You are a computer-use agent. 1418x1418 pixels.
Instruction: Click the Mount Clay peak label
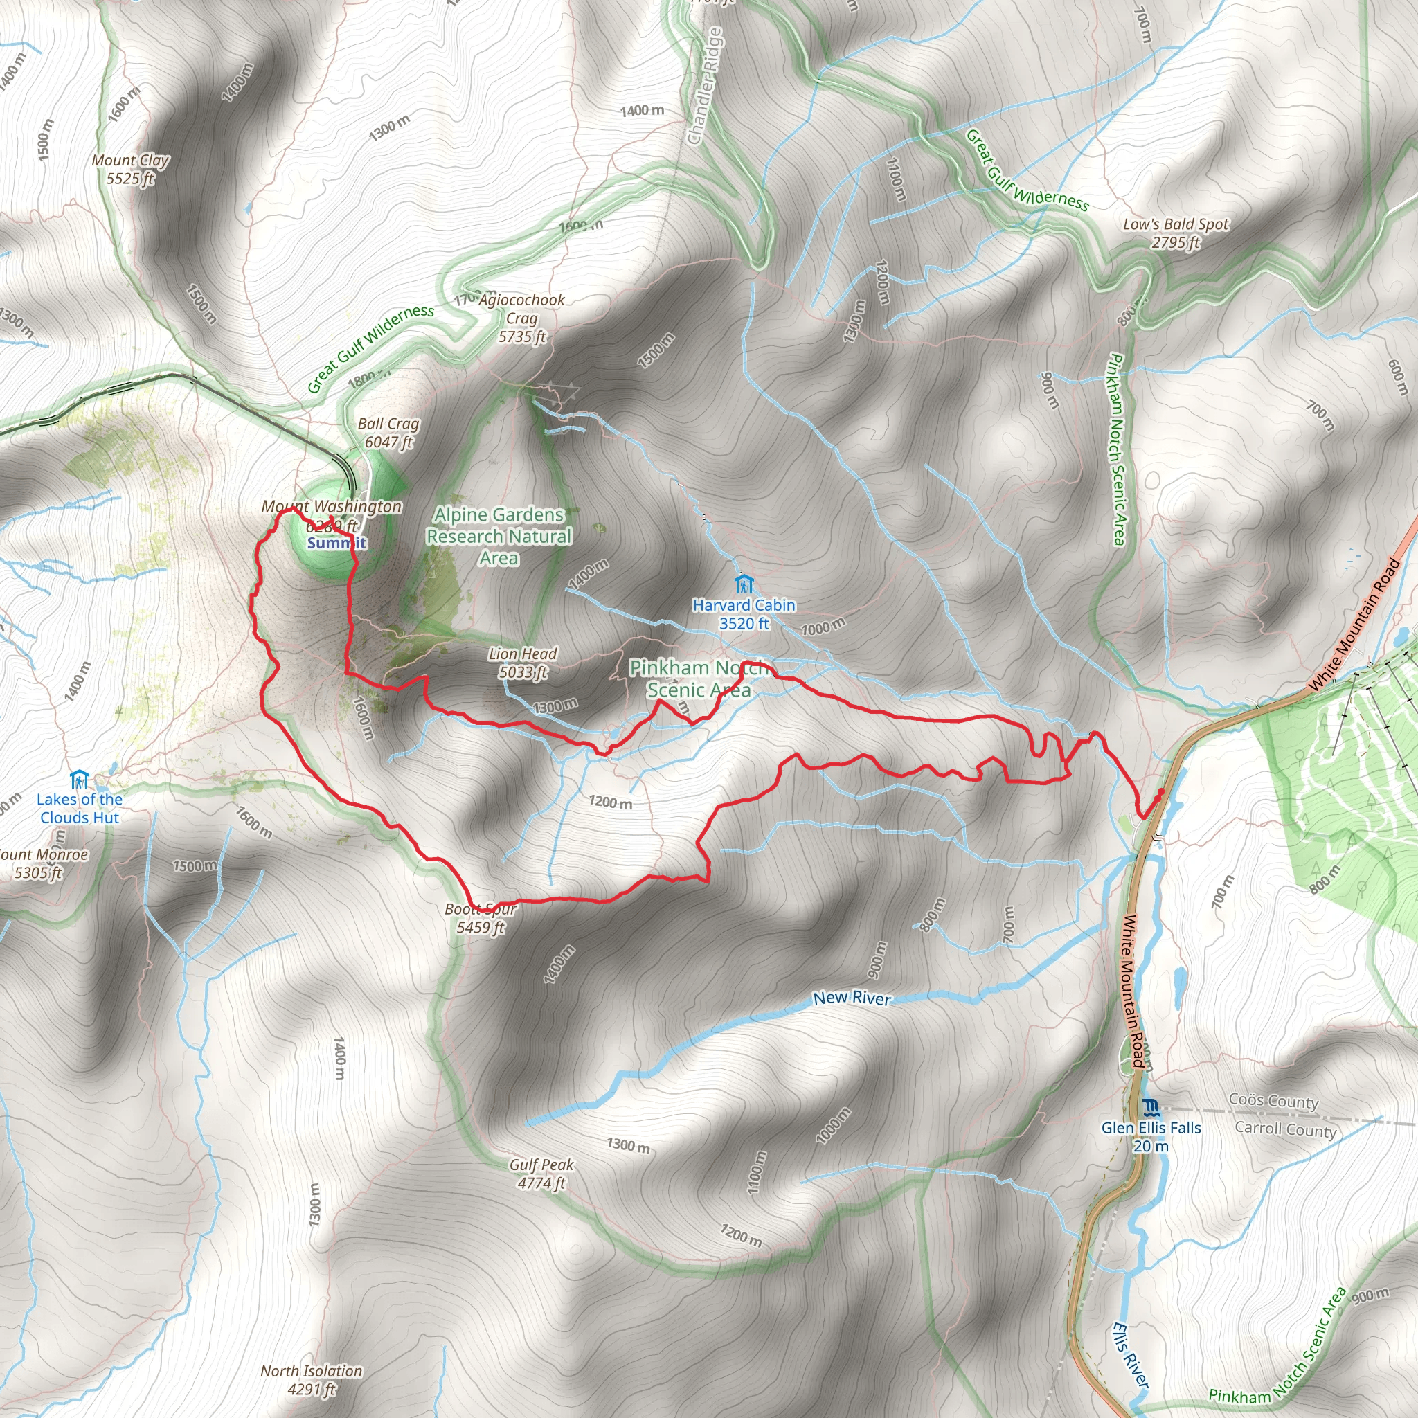coord(130,170)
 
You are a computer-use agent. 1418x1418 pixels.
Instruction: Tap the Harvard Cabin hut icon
coord(744,584)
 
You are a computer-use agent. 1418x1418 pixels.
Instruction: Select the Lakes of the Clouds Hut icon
coord(79,780)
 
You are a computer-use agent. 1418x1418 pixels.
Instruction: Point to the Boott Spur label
coord(481,918)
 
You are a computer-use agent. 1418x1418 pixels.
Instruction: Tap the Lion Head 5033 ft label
coord(523,663)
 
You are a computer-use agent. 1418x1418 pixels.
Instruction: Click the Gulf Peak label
coord(541,1174)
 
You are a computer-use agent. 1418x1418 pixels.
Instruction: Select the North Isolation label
coord(311,1380)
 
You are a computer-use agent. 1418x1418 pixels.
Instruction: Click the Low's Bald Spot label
coord(1175,233)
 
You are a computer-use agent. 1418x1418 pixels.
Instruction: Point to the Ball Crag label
coord(388,433)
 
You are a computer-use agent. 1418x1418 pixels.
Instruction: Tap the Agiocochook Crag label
coord(522,318)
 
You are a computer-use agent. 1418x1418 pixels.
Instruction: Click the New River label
coord(852,998)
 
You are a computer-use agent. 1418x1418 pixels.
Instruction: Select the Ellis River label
coord(1130,1355)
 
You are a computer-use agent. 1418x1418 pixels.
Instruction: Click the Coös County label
coord(1273,1101)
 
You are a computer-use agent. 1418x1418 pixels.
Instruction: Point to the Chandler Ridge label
coord(706,86)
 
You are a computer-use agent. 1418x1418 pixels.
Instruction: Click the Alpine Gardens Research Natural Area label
coord(499,537)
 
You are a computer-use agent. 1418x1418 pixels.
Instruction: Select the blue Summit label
coord(336,543)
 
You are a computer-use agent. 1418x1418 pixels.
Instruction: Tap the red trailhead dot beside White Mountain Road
coord(1161,793)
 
